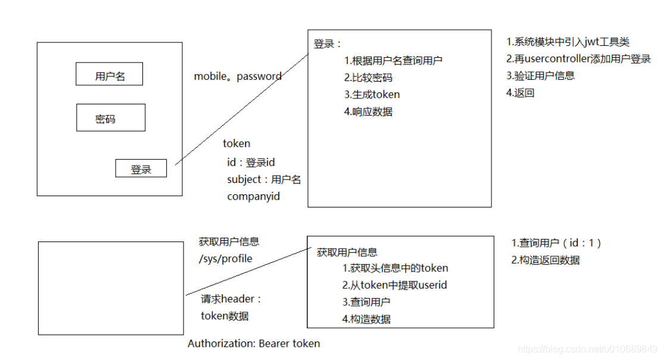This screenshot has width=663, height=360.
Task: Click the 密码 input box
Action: point(110,118)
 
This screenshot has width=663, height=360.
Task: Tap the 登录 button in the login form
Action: point(141,169)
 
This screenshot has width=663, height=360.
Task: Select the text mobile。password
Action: point(238,76)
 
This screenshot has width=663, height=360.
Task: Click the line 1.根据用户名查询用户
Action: point(393,60)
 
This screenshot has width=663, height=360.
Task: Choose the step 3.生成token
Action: point(372,94)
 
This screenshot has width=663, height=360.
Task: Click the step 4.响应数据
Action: point(368,111)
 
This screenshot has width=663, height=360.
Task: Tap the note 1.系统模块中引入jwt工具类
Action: point(568,42)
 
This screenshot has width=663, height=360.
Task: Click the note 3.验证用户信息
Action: point(540,76)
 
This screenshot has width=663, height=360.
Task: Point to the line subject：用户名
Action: point(264,179)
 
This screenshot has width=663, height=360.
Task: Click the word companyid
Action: point(253,195)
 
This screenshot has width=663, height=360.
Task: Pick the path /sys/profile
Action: point(226,259)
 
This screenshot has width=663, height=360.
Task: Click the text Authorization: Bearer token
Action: point(254,343)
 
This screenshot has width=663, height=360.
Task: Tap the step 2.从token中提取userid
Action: point(394,285)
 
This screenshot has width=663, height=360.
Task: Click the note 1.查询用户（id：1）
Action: point(557,243)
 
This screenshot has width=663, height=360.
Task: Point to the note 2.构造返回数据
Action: point(545,260)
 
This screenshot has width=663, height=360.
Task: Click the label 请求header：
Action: point(231,299)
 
